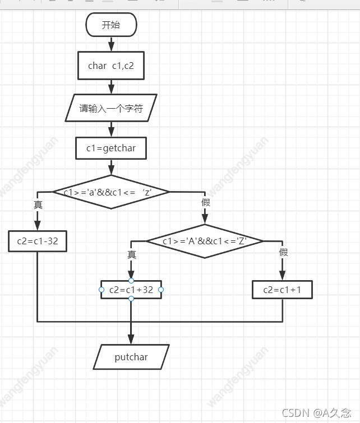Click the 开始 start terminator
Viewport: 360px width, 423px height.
(111, 25)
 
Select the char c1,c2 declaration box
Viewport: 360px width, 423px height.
(111, 66)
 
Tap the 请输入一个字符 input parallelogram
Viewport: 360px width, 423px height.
(111, 108)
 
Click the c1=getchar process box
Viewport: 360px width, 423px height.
(111, 148)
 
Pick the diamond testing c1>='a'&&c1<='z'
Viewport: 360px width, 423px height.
(110, 192)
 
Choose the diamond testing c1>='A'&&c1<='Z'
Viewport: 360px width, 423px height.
(205, 241)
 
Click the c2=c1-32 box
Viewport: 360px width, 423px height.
(38, 241)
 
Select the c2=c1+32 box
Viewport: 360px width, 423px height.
(131, 290)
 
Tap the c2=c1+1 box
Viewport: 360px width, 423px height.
(281, 290)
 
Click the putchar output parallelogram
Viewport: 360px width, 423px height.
(131, 357)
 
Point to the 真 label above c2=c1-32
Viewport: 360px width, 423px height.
(38, 205)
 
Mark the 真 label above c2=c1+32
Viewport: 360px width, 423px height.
(132, 255)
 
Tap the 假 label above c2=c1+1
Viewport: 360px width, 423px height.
(283, 253)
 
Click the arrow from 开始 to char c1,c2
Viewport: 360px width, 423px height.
(111, 44)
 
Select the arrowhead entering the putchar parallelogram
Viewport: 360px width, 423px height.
(131, 340)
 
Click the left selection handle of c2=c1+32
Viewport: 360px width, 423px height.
(101, 290)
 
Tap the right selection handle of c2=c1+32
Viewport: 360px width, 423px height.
(161, 290)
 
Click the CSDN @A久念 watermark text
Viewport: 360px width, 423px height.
(317, 413)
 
